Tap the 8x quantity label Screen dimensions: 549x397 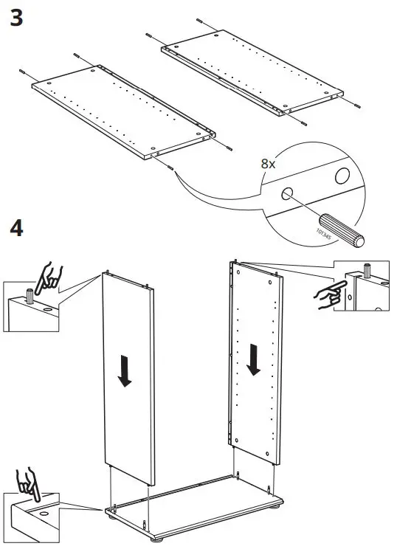(268, 164)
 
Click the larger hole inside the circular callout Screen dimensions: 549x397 (342, 176)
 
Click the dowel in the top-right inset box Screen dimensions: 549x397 (365, 267)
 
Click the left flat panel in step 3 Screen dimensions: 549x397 (122, 111)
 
